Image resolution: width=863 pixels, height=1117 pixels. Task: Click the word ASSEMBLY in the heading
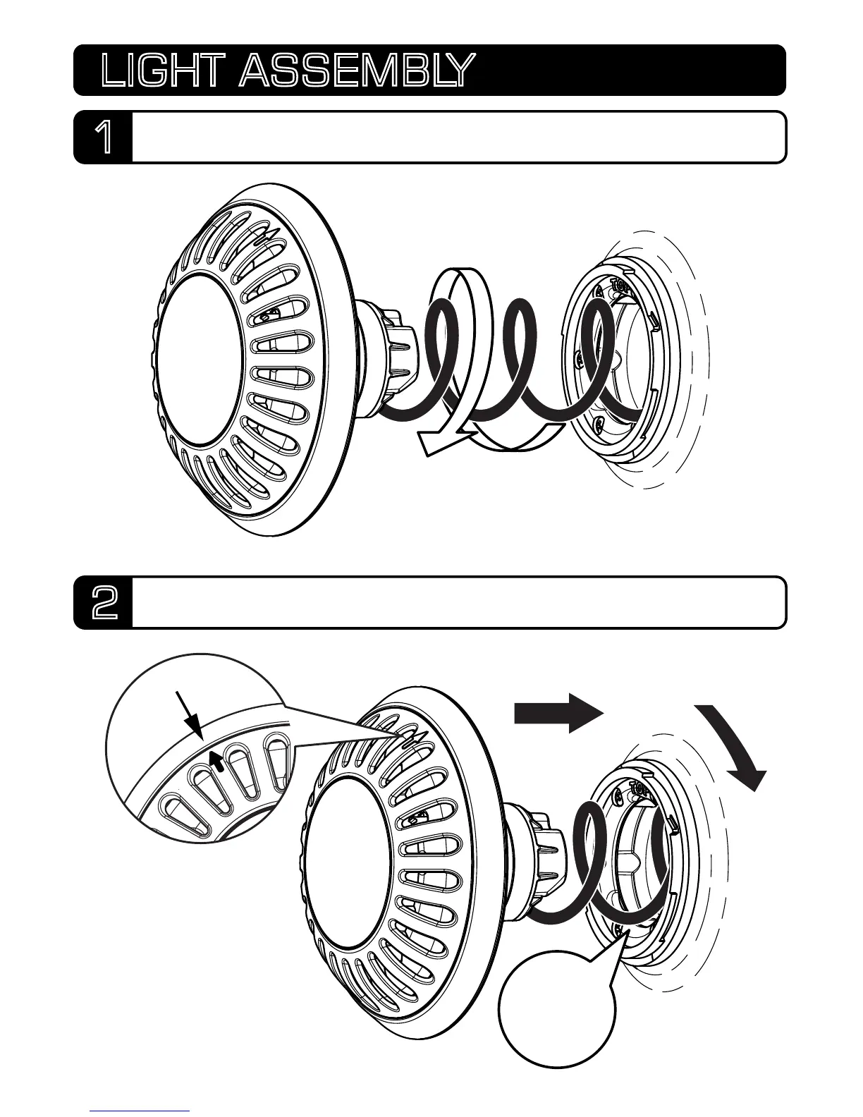(353, 71)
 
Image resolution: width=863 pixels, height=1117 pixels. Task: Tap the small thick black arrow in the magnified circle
(221, 760)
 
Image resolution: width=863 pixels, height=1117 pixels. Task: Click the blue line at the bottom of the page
(140, 1111)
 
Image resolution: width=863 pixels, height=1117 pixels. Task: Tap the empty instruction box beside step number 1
(458, 138)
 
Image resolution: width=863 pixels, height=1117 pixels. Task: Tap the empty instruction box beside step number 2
(458, 603)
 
